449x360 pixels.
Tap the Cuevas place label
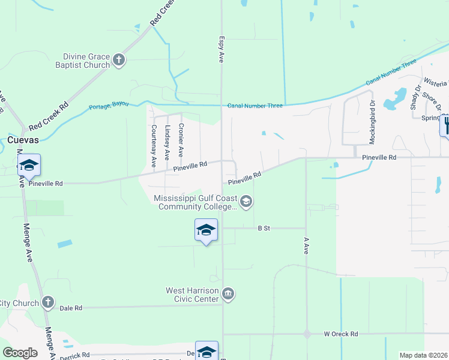click(x=23, y=140)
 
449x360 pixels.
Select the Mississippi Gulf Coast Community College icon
click(x=246, y=202)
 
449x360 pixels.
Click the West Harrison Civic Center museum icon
click(x=228, y=294)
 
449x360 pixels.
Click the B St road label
click(x=264, y=228)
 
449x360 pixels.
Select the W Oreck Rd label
click(x=340, y=334)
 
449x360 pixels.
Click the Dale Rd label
click(x=71, y=308)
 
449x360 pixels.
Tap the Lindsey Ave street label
click(x=167, y=142)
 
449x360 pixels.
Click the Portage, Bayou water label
click(x=109, y=106)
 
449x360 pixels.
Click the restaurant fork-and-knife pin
click(x=445, y=126)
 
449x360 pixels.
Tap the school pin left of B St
click(x=206, y=230)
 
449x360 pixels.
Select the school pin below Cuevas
click(x=29, y=166)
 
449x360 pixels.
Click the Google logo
click(x=20, y=353)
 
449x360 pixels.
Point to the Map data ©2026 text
click(x=423, y=355)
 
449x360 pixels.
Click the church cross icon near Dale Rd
click(x=48, y=302)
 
